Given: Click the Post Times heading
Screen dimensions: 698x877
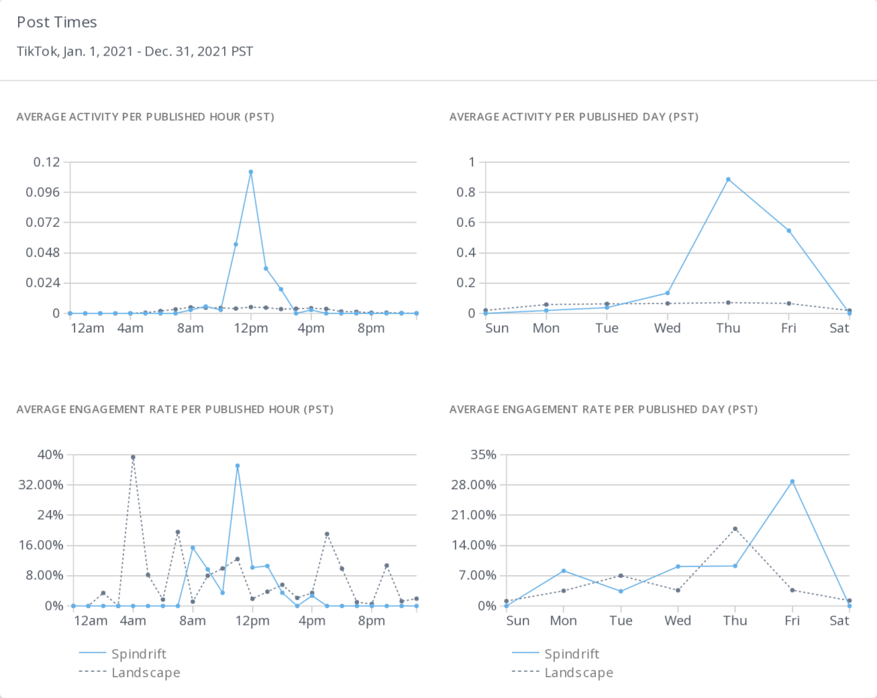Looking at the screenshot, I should tap(57, 22).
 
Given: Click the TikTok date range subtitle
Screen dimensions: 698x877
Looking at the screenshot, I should tap(135, 52).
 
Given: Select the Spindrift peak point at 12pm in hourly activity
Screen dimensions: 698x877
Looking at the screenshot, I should tap(250, 172).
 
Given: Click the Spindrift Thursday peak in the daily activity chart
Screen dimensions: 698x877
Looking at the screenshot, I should tap(728, 179).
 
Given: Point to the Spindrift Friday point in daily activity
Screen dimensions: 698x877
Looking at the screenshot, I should tap(789, 231).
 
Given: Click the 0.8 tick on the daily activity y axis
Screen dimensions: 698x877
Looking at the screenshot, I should tap(465, 192).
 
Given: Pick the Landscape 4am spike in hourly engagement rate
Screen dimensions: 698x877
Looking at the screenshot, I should tap(133, 457).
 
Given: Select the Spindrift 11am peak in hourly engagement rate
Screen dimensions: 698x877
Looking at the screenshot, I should tap(238, 466).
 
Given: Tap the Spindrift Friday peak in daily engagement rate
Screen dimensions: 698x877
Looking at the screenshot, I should tap(792, 482).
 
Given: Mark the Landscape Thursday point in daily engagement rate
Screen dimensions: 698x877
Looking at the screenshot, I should tap(735, 529).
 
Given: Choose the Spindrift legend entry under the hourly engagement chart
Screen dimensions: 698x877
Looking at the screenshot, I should tap(138, 654).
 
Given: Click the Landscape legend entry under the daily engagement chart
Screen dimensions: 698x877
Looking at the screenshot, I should tap(579, 673).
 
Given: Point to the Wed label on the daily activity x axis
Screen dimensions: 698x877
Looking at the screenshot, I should tap(667, 328).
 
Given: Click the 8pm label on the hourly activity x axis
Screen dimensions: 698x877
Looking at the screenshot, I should tap(371, 328).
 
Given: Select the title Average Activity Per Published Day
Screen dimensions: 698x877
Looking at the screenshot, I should tap(573, 117).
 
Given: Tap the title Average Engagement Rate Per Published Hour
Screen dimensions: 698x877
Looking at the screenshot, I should tap(175, 410).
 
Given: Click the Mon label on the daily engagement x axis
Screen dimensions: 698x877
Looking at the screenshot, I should tap(563, 621).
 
